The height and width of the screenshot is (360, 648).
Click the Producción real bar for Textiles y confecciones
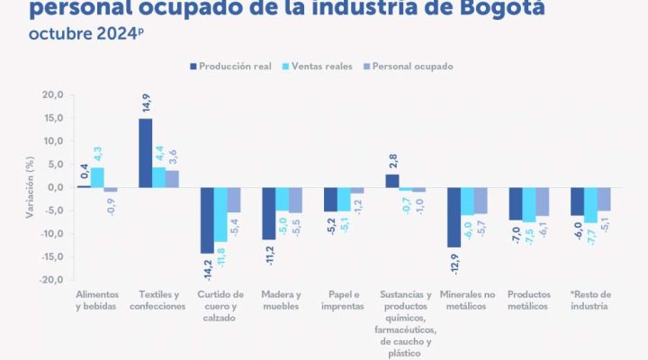point(145,153)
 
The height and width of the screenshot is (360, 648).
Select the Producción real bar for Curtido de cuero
point(207,220)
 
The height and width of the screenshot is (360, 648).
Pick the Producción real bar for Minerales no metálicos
point(454,217)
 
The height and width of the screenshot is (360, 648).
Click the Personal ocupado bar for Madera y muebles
point(295,200)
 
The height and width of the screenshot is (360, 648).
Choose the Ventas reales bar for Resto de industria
point(591,205)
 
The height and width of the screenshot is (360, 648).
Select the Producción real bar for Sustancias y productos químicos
point(391,181)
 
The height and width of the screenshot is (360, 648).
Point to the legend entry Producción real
point(233,67)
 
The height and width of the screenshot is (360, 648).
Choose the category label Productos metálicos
point(528,300)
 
